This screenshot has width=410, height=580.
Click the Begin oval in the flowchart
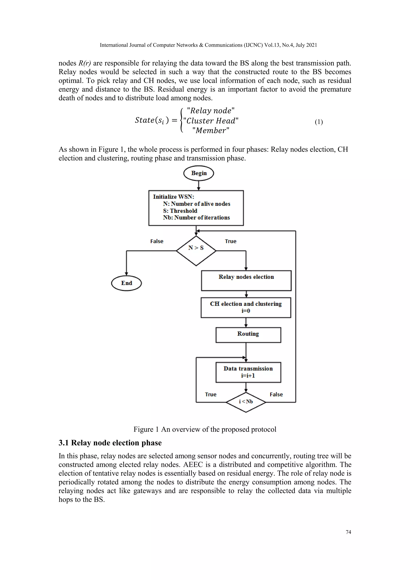coord(199,173)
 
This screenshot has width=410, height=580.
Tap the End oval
coord(127,283)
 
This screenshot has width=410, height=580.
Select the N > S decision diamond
coord(196,251)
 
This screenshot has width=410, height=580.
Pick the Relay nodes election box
coord(246,280)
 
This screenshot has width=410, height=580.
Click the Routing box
coord(248,335)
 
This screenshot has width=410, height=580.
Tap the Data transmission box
coord(248,372)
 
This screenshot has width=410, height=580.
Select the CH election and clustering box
coord(246,307)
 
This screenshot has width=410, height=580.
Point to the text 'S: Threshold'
coord(180,211)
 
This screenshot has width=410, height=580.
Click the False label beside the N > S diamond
coord(157,241)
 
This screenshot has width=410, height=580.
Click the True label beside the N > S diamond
coord(230,241)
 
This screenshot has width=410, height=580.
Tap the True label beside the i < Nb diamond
coord(211,394)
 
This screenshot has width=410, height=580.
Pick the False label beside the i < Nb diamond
coord(276,394)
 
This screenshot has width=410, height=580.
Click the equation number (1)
coord(319,122)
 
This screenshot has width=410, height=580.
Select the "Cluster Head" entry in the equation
coord(211,121)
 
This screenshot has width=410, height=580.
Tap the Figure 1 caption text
coord(205,429)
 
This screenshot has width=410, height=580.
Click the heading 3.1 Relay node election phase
coord(110,443)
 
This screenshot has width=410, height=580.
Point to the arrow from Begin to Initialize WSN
coord(199,185)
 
